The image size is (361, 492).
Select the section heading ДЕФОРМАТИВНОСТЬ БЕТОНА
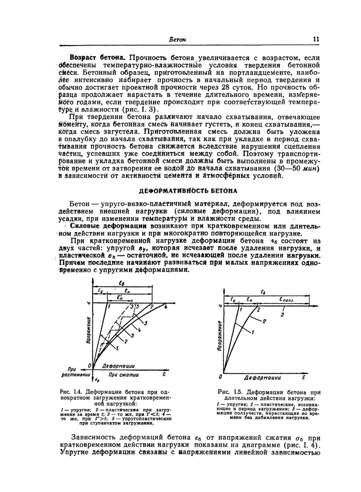188,191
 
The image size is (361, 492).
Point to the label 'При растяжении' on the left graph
75,372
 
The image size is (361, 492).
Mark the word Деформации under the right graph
262,378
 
